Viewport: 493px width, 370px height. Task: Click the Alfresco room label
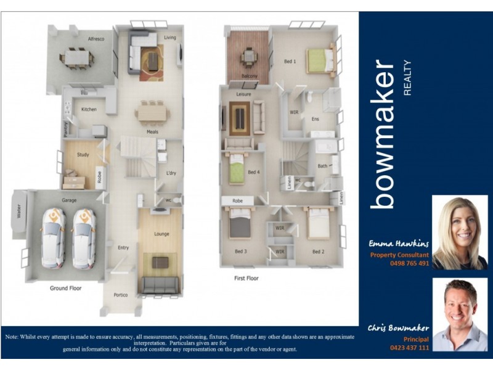pyautogui.click(x=96, y=39)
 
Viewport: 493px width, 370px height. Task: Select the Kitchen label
pyautogui.click(x=89, y=109)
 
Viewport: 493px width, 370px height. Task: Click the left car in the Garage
pyautogui.click(x=54, y=238)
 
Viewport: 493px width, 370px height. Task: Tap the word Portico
pyautogui.click(x=121, y=295)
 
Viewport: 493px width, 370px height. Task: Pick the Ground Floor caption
pyautogui.click(x=66, y=288)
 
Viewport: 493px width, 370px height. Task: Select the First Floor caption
pyautogui.click(x=246, y=278)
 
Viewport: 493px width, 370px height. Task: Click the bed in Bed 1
pyautogui.click(x=320, y=60)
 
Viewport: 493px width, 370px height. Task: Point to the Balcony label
pyautogui.click(x=249, y=76)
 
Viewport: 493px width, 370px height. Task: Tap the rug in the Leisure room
pyautogui.click(x=239, y=117)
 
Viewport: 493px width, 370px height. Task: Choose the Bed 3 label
pyautogui.click(x=241, y=252)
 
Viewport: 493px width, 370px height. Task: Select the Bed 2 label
pyautogui.click(x=318, y=252)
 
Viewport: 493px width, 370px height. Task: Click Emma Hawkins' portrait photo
pyautogui.click(x=460, y=232)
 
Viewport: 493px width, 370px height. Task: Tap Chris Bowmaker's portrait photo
pyautogui.click(x=460, y=314)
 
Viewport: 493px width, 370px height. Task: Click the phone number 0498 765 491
pyautogui.click(x=409, y=263)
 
